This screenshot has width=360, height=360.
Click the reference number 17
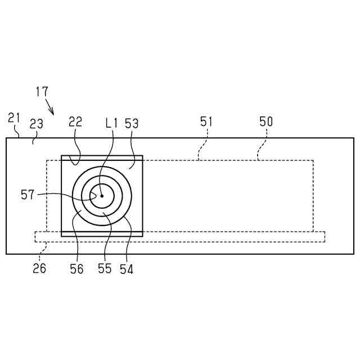(42, 91)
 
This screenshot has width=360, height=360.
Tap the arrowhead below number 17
(52, 112)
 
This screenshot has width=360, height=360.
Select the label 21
(14, 118)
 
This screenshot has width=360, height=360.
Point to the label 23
(36, 124)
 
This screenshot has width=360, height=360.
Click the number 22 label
(75, 121)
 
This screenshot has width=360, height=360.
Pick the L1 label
(111, 124)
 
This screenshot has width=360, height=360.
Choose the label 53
(132, 124)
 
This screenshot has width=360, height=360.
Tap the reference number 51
(206, 121)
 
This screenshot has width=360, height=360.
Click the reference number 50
(266, 121)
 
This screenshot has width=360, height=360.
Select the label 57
(28, 195)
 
